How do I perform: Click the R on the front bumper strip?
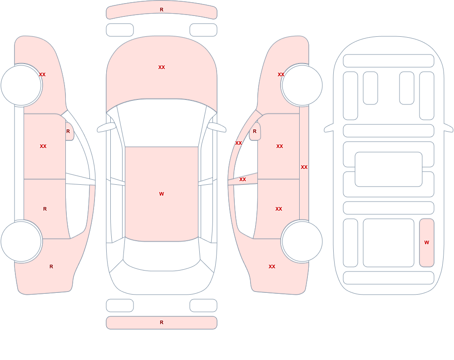coord(162,10)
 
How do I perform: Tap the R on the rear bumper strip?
coord(162,322)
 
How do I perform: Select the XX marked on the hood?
coord(162,67)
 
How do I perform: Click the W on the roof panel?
coord(162,194)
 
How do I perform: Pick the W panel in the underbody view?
coord(426,243)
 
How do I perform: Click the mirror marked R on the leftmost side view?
coord(69,132)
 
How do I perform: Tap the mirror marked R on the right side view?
coord(255,132)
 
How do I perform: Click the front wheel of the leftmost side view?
coord(21,85)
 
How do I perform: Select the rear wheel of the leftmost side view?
coord(21,241)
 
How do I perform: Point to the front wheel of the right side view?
coord(302,85)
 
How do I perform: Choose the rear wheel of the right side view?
coord(302,241)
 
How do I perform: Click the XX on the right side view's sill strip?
coord(304,167)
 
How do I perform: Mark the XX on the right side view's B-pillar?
coord(242,180)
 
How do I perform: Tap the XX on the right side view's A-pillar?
coord(239,143)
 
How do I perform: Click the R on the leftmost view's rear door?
coord(45,209)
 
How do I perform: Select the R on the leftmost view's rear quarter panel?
coord(51,266)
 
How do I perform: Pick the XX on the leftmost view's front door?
coord(43,146)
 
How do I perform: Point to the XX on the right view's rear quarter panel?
coord(272,266)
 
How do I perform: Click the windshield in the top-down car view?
coord(162,122)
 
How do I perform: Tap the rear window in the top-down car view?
coord(162,255)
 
